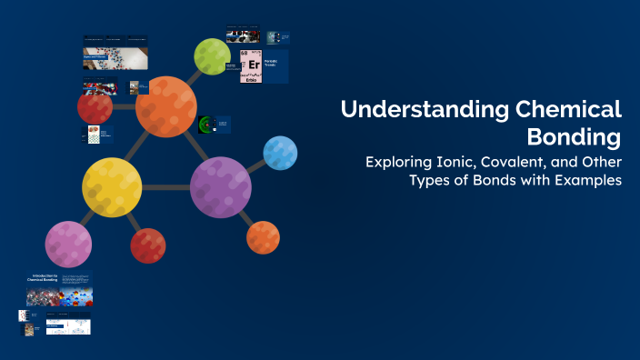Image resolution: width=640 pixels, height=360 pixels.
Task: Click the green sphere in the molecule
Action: (212, 56)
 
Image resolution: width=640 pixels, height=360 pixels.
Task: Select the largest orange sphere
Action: (166, 107)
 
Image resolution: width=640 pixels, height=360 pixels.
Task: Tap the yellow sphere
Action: (112, 187)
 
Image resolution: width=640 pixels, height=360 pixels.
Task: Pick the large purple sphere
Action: (220, 187)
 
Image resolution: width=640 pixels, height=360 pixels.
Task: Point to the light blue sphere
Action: (280, 154)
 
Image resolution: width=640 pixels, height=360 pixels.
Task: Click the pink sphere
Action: (68, 244)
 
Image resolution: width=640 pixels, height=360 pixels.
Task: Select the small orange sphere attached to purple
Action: (263, 237)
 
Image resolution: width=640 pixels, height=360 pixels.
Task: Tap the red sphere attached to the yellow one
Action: (147, 245)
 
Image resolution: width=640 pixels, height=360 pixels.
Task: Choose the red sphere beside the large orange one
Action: (95, 108)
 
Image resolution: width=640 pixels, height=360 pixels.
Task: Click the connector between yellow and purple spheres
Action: (165, 188)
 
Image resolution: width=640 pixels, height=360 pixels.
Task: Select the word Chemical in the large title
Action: (568, 110)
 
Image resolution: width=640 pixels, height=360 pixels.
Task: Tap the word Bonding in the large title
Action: (575, 138)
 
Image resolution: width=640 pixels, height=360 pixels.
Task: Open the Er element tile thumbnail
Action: (252, 67)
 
